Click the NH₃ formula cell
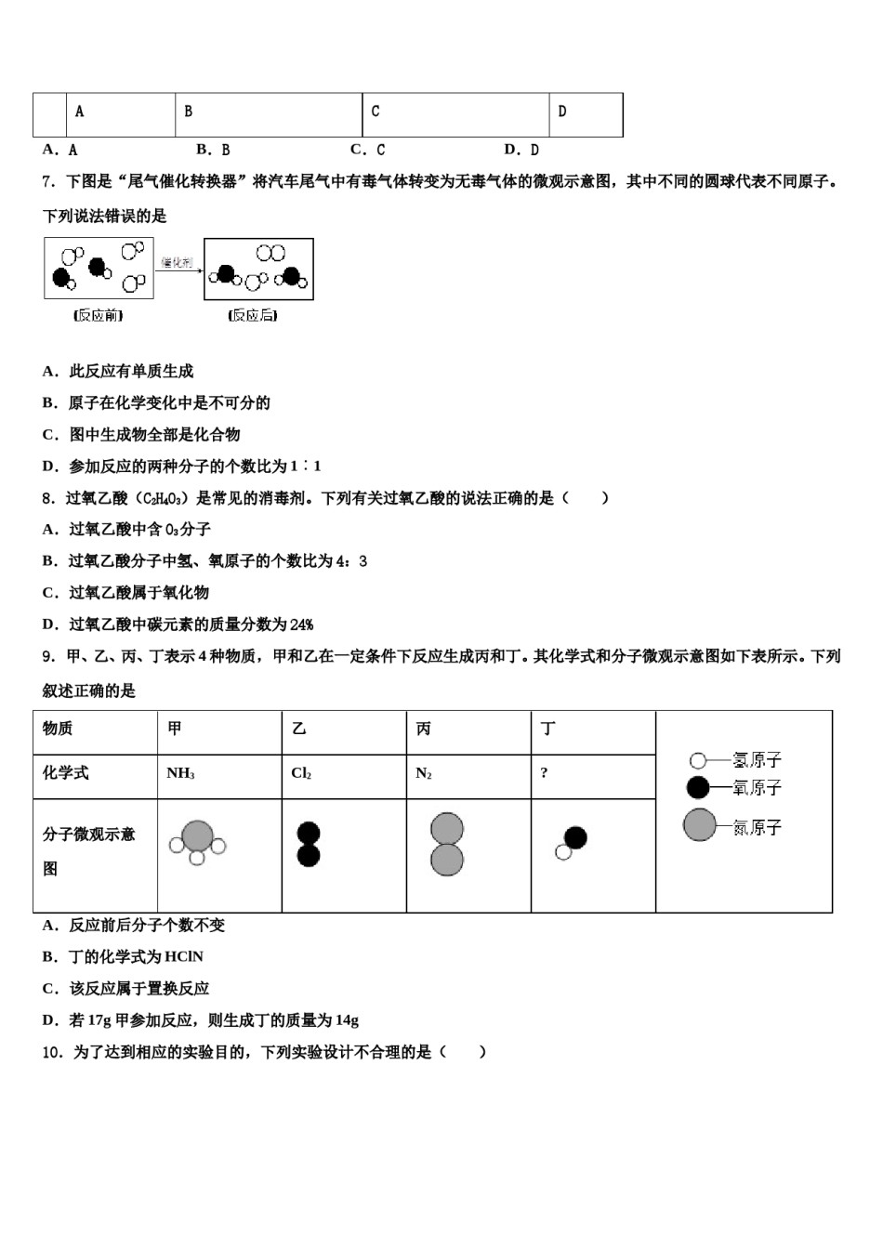181,773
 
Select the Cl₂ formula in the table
301,773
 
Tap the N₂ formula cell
424,773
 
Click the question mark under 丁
544,773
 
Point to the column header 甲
175,729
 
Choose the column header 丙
424,729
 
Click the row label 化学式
66,773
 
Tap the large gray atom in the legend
699,825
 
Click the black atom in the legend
697,788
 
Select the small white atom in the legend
697,761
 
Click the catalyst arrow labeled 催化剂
178,266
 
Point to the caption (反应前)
99,316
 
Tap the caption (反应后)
252,316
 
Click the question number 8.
48,498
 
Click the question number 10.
53,1052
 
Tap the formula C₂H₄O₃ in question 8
165,499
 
